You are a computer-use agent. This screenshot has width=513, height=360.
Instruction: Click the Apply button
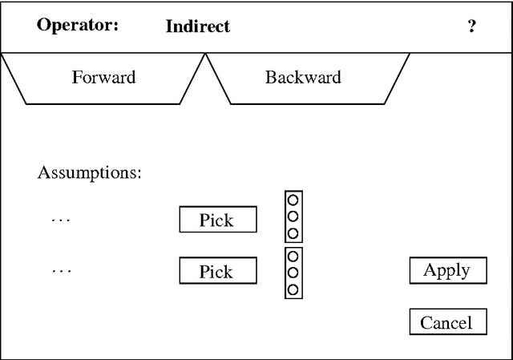click(446, 270)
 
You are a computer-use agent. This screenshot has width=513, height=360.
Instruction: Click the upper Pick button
click(217, 220)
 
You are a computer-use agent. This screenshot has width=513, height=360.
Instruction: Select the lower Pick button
click(217, 271)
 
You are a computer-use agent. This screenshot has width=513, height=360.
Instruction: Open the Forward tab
click(103, 78)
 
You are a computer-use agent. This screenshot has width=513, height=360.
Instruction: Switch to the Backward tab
click(303, 78)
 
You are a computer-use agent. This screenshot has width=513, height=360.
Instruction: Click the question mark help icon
click(472, 26)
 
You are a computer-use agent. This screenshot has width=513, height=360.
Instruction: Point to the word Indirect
click(198, 26)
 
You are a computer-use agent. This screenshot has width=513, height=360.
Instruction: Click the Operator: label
click(77, 25)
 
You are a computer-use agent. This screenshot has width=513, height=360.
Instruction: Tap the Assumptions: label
click(90, 172)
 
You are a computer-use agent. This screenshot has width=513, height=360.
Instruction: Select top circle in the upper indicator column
click(293, 200)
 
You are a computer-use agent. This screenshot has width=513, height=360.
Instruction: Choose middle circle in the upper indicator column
click(293, 216)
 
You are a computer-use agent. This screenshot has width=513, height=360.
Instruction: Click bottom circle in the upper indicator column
click(293, 233)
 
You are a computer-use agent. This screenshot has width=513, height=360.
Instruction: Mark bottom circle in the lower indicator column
click(293, 289)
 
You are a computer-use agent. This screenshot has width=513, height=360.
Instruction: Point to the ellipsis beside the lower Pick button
click(61, 271)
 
